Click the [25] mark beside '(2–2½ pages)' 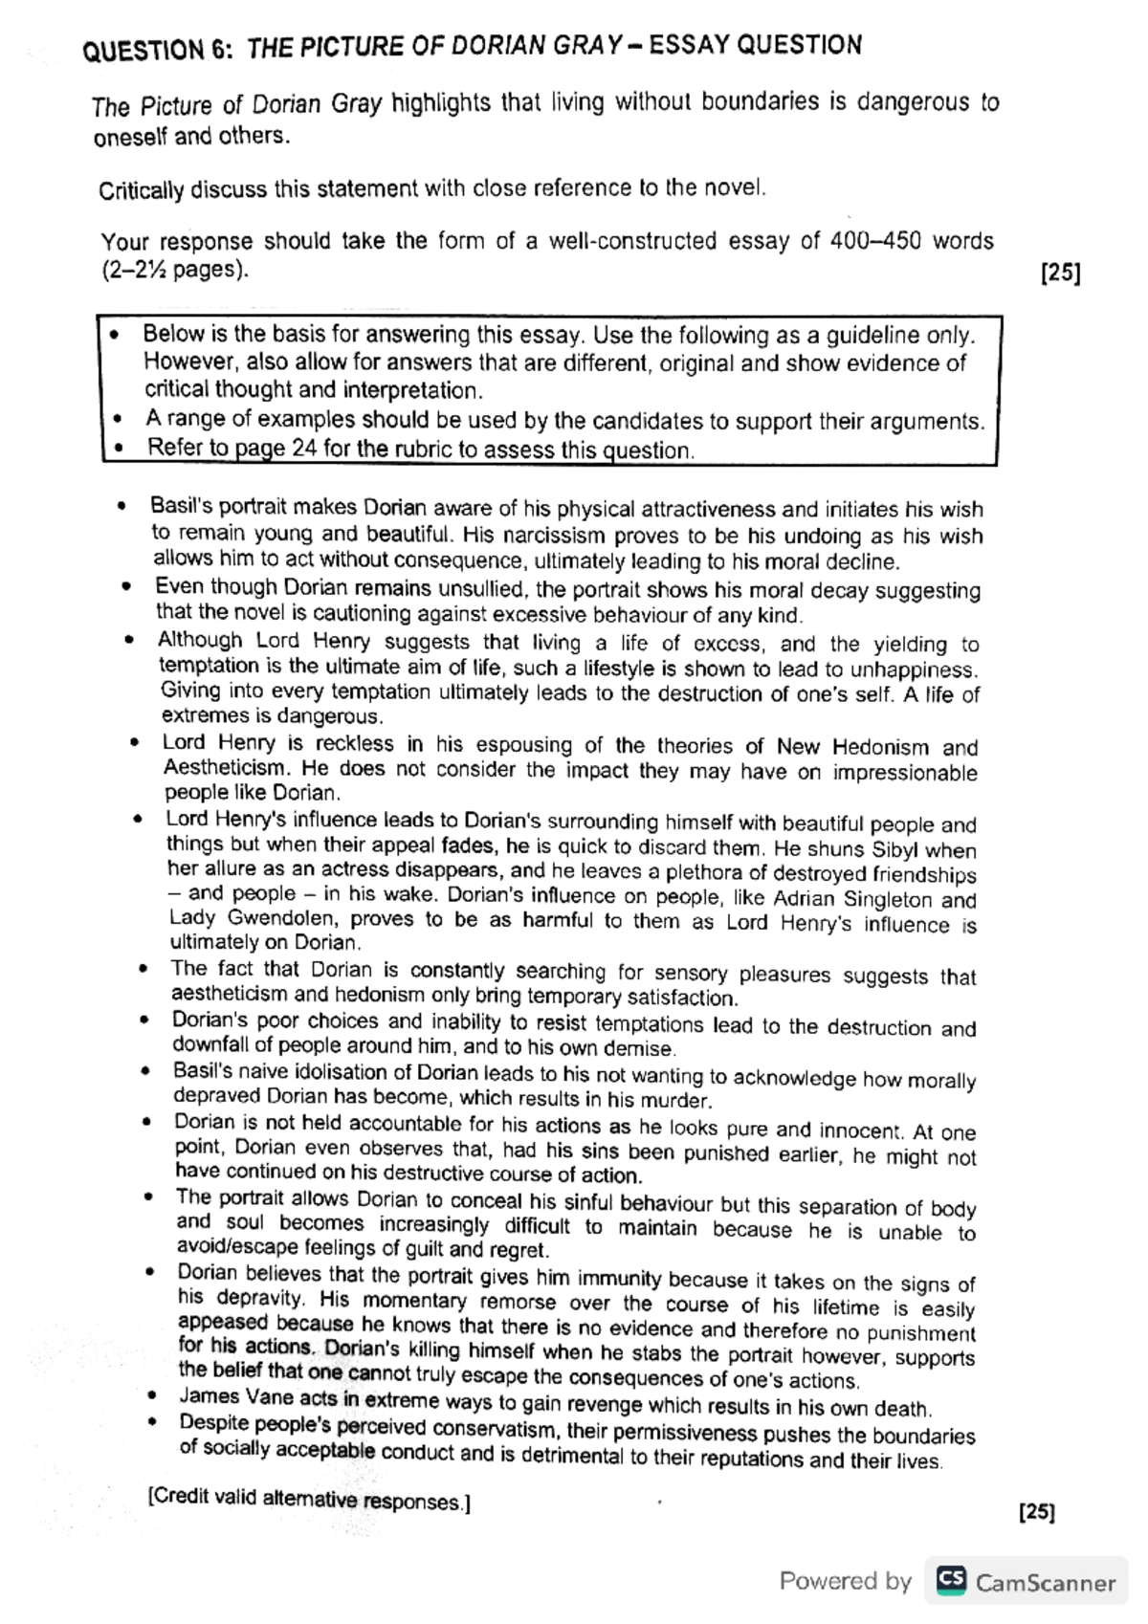[x=1060, y=274]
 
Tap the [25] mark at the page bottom [x=1038, y=1512]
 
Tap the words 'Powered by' [x=845, y=1581]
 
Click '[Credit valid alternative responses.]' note [x=309, y=1499]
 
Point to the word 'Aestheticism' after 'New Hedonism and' [x=225, y=767]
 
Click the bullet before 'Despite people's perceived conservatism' [x=151, y=1423]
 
